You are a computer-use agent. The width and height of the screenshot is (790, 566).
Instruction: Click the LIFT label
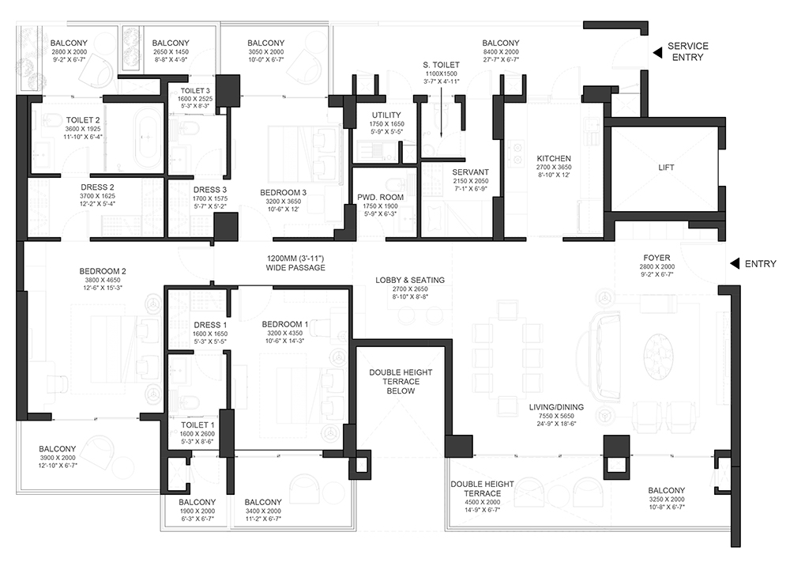[666, 168]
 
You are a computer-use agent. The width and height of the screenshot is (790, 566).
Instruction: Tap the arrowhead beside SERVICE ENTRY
[657, 52]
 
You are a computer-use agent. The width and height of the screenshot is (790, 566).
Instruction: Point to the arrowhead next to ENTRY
[735, 263]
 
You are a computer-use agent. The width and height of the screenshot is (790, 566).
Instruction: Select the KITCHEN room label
[554, 158]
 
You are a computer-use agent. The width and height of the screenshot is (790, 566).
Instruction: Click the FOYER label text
[656, 258]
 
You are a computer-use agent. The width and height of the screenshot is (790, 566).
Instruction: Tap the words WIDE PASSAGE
[295, 268]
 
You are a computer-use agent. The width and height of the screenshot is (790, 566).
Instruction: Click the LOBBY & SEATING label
[410, 280]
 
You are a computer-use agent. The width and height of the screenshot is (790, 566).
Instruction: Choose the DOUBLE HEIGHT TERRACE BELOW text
[401, 382]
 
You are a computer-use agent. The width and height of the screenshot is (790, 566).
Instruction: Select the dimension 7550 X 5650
[556, 416]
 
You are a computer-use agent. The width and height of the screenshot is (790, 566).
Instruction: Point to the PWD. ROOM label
[381, 197]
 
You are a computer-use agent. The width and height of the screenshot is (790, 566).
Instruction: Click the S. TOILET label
[441, 65]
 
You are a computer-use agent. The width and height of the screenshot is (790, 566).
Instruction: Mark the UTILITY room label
[386, 115]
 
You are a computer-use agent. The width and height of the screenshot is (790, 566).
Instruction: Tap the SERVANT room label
[471, 172]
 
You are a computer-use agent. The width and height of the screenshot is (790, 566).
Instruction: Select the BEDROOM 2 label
[103, 271]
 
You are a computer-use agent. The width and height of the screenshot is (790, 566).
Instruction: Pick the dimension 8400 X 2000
[501, 52]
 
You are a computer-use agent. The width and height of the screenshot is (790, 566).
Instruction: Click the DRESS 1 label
[210, 325]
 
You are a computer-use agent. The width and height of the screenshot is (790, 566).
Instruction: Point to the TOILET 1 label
[197, 424]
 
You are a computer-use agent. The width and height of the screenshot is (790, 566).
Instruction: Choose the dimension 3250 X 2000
[667, 500]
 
